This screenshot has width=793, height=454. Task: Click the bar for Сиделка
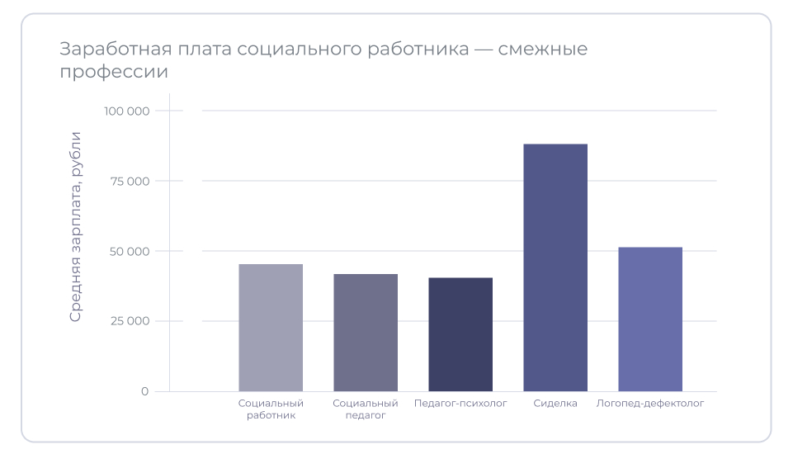point(555,267)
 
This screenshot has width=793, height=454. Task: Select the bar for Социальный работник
point(271,328)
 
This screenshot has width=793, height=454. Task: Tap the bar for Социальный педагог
point(366,333)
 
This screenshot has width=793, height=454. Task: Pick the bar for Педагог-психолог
point(460,334)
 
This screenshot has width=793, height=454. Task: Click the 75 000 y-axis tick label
point(130,181)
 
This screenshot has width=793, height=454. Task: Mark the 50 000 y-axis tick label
point(130,251)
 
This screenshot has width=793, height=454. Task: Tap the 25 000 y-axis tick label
point(130,321)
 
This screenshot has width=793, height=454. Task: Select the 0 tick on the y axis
point(144,391)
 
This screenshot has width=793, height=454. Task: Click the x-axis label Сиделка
point(555,404)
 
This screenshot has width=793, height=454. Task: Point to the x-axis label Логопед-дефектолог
point(650,404)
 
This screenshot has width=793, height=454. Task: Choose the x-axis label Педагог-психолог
point(460,404)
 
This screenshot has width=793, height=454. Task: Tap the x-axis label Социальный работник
point(271,409)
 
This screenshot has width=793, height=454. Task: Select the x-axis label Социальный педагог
point(366,409)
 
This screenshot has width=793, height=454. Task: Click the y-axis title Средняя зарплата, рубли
point(76,226)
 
